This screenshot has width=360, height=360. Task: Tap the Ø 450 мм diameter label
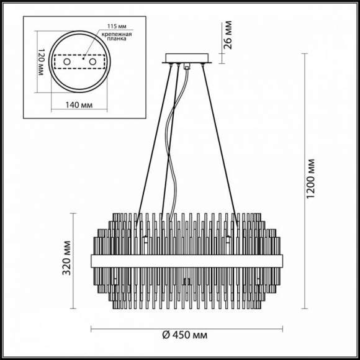tap(184, 336)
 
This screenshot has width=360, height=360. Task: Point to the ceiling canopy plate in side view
tap(187, 60)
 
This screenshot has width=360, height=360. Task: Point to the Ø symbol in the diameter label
tap(167, 336)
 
